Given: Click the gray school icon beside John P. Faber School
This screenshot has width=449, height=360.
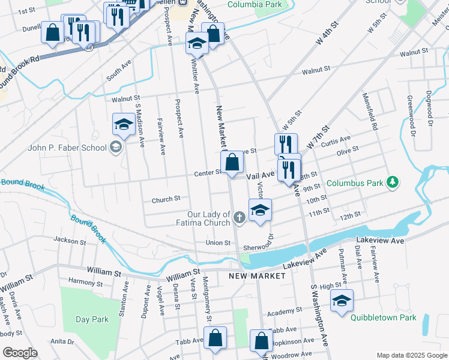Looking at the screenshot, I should coord(115,148).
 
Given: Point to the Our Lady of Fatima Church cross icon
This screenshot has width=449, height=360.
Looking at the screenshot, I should coord(240,218).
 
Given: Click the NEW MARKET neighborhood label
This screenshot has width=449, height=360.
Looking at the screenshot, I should coord(250,275).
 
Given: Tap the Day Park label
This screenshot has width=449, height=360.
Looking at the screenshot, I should coord(92,319).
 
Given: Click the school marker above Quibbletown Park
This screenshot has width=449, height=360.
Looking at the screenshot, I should coord(342,301).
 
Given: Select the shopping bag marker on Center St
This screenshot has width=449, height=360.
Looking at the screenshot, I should coord(232,162).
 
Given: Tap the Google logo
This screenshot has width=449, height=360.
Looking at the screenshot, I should coord(20,353).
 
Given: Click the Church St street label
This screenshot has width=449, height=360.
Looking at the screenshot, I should coord(166,199).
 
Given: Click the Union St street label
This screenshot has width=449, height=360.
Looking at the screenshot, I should coord(218,242).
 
